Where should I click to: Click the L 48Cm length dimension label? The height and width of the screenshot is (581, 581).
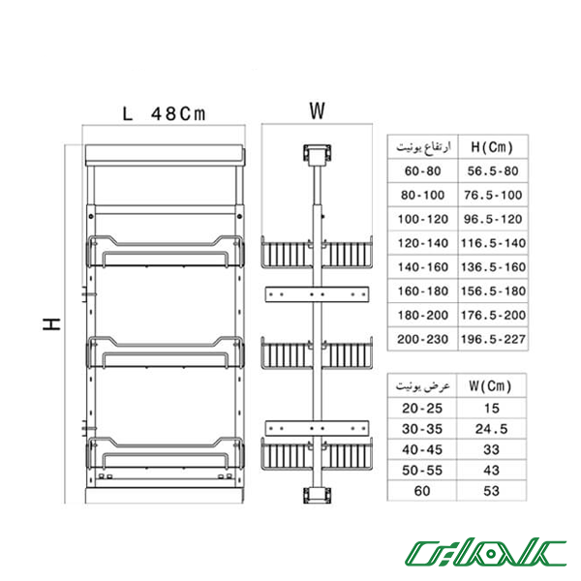click(164, 113)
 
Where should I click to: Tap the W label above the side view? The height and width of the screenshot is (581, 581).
click(318, 110)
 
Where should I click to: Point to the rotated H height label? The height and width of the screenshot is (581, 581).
click(51, 323)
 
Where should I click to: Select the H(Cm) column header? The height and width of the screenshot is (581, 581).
click(492, 147)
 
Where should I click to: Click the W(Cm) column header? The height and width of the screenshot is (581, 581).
click(490, 385)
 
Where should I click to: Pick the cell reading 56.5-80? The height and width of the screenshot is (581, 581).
click(493, 170)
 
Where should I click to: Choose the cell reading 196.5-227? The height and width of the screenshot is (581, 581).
click(493, 339)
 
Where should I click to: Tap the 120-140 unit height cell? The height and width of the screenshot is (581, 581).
click(423, 243)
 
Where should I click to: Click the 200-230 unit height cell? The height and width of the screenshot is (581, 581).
click(423, 339)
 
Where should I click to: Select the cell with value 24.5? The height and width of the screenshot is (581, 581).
click(491, 429)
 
